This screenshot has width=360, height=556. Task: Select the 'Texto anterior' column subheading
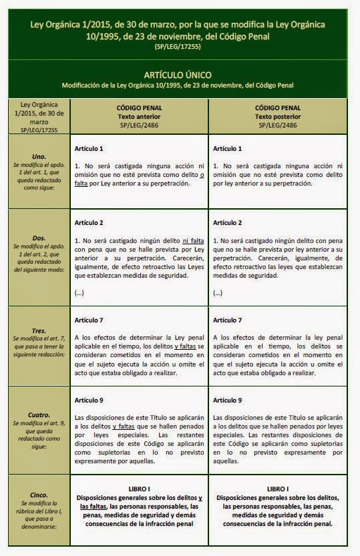click(139, 115)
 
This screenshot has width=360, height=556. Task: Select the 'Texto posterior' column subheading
click(277, 115)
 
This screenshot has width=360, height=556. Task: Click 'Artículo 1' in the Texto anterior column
click(89, 148)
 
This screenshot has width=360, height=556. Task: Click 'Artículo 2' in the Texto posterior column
click(226, 222)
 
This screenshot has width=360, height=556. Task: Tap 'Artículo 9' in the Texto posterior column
click(226, 400)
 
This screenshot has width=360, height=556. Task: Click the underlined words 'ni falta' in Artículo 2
click(192, 239)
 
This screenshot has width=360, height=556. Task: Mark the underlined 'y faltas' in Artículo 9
click(126, 425)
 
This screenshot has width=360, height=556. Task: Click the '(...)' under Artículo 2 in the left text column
click(79, 292)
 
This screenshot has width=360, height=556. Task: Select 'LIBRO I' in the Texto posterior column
click(277, 488)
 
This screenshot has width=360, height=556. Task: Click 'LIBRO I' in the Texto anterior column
click(139, 488)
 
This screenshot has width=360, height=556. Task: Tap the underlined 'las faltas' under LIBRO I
click(93, 506)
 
